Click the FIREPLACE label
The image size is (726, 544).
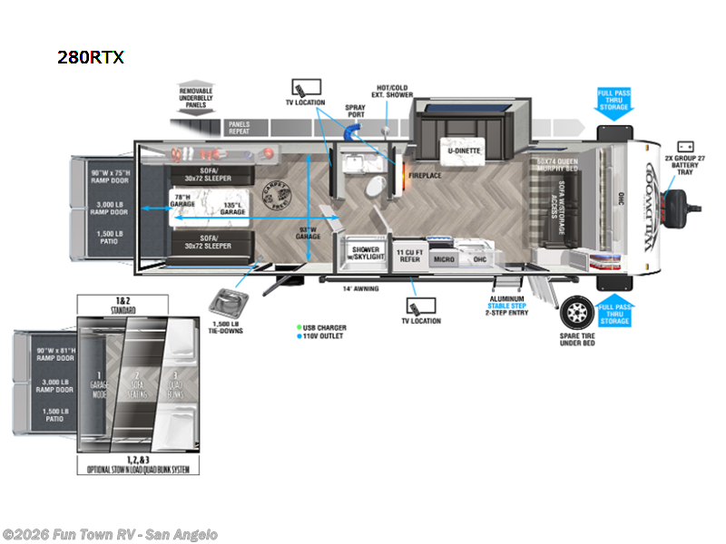[424, 175]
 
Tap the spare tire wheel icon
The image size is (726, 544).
[574, 314]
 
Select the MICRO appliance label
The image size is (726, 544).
[443, 258]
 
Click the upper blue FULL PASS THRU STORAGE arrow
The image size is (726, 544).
[613, 101]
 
